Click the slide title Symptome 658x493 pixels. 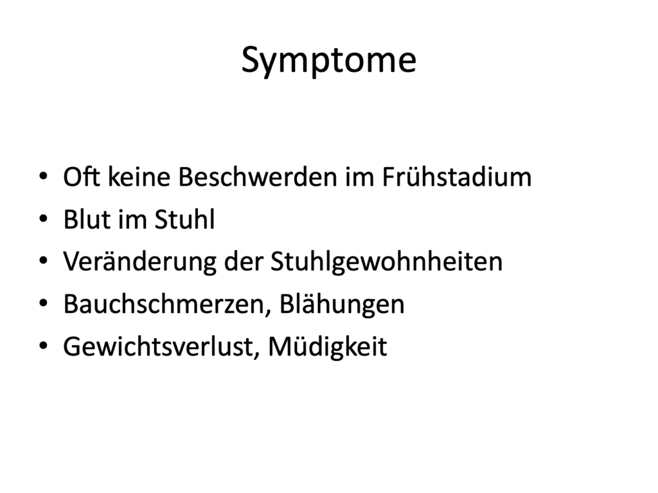point(328,60)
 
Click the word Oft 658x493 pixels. point(82,176)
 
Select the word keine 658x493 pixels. point(139,176)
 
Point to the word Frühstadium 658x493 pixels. point(457,176)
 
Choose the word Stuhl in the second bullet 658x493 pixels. point(184,219)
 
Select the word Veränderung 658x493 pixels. point(139,262)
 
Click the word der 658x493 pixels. point(244,262)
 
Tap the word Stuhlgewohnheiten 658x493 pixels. point(386,262)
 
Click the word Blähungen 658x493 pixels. point(342,304)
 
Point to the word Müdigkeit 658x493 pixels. point(327,347)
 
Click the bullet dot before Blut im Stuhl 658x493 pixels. point(43,219)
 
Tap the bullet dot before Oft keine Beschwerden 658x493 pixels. point(43,176)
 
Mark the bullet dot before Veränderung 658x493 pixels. point(43,261)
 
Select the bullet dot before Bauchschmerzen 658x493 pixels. point(43,303)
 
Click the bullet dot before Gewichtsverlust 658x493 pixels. point(43,346)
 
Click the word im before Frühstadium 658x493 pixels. point(360,176)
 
